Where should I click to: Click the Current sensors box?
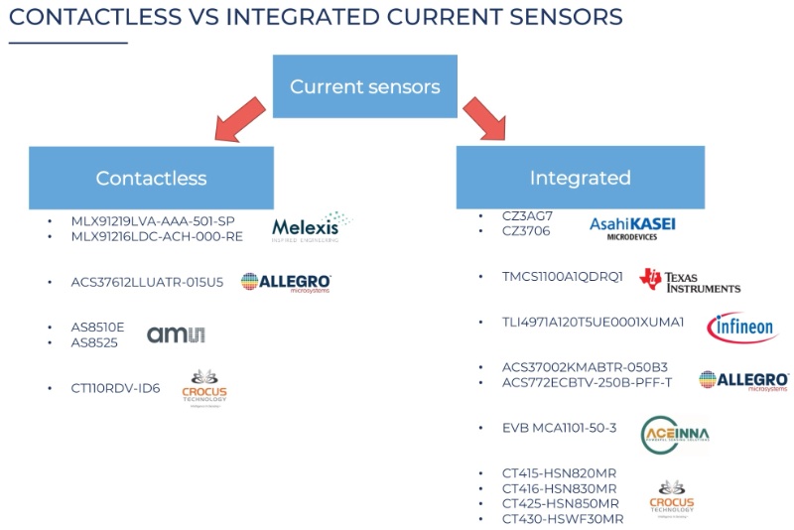tap(364, 87)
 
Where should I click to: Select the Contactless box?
tap(151, 179)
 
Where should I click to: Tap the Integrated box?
tap(580, 178)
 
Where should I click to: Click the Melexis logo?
tap(312, 227)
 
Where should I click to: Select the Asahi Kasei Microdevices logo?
tap(632, 227)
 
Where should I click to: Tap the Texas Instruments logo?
tap(690, 281)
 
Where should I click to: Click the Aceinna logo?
tap(675, 435)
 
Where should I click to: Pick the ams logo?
tap(176, 334)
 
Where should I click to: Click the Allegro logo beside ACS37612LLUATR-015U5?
tap(286, 283)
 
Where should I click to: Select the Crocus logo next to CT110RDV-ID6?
tap(204, 389)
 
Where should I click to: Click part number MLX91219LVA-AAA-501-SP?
tap(153, 220)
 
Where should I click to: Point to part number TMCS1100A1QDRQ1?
tap(563, 276)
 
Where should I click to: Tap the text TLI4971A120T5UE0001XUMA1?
tap(594, 322)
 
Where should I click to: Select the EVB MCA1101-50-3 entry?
tap(560, 428)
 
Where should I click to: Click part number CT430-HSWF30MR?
tap(563, 519)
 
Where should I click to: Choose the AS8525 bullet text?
tap(93, 341)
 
